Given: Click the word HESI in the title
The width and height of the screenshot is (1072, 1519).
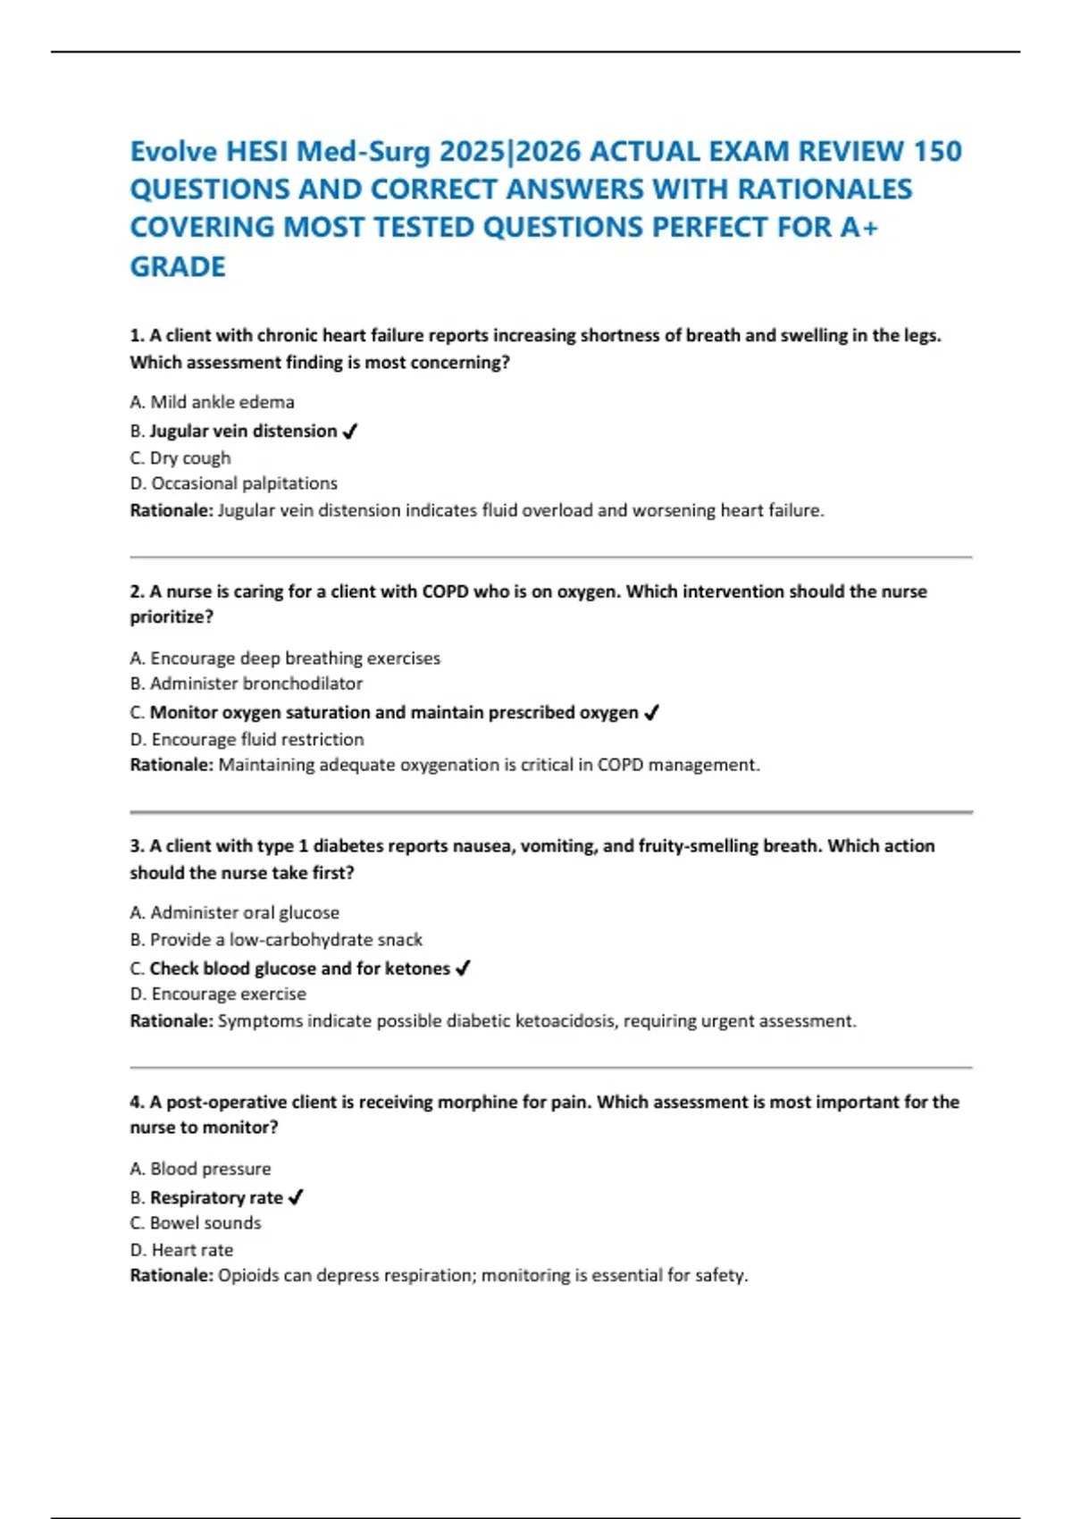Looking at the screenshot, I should point(257,151).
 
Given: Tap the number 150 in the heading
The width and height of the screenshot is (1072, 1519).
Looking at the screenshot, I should point(937,151).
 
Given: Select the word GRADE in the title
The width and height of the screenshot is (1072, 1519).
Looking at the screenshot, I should point(178,266).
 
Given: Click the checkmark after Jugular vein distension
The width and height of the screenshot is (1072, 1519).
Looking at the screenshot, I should point(350,432).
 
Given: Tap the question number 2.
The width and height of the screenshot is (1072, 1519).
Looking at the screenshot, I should point(137,592).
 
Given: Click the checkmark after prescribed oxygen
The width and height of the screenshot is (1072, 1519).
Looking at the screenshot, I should point(651,713).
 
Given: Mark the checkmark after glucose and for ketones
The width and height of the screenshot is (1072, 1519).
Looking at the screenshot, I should point(463,969).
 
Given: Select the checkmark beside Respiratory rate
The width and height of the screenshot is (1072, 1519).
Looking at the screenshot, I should point(296,1197).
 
